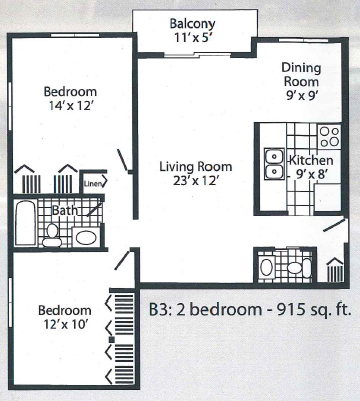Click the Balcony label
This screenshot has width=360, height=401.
192,24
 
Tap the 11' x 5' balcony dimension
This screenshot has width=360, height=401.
192,37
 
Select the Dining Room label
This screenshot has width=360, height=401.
301,75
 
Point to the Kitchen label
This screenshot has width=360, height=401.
311,160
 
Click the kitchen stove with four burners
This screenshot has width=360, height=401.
330,136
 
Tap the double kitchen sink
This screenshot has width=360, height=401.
274,164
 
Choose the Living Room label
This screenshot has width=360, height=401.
196,166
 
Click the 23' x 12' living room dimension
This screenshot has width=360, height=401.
196,180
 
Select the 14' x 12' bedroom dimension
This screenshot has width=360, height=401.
70,106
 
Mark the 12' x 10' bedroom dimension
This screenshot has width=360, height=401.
65,324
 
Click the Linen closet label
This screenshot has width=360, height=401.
92,183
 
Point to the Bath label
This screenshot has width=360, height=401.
65,210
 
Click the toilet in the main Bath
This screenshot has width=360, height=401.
52,235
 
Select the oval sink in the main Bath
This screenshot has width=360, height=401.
86,237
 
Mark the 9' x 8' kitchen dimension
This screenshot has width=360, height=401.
310,174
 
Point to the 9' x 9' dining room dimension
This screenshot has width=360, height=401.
301,96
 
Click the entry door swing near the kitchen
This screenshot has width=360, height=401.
334,225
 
